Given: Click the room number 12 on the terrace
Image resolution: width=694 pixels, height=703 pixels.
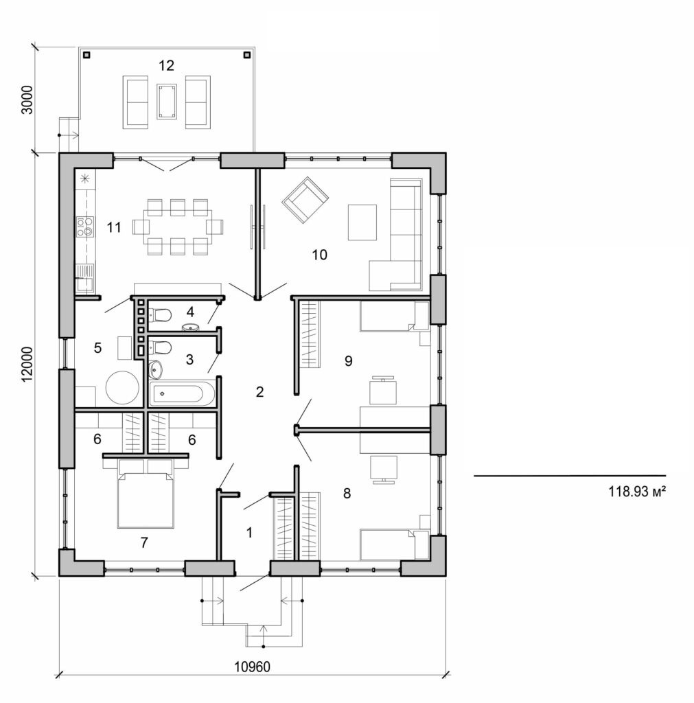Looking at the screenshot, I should (166, 66).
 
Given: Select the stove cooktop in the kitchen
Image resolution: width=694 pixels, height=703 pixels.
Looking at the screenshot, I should (84, 227).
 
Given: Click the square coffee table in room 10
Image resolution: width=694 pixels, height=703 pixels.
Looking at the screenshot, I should (362, 222).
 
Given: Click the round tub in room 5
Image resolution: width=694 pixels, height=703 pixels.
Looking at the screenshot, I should (122, 388).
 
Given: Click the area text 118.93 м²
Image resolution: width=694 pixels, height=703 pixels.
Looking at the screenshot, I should (638, 492).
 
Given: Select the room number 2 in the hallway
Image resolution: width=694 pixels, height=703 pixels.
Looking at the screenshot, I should (259, 392).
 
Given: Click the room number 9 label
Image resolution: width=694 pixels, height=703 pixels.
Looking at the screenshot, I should (349, 360).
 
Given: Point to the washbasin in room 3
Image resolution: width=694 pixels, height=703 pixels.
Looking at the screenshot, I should (155, 369).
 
